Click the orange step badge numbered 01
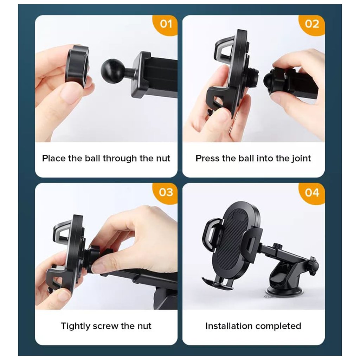pyautogui.click(x=166, y=25)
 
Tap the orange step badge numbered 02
pyautogui.click(x=312, y=25)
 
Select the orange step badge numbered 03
pyautogui.click(x=166, y=193)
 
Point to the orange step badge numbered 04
pyautogui.click(x=312, y=193)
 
